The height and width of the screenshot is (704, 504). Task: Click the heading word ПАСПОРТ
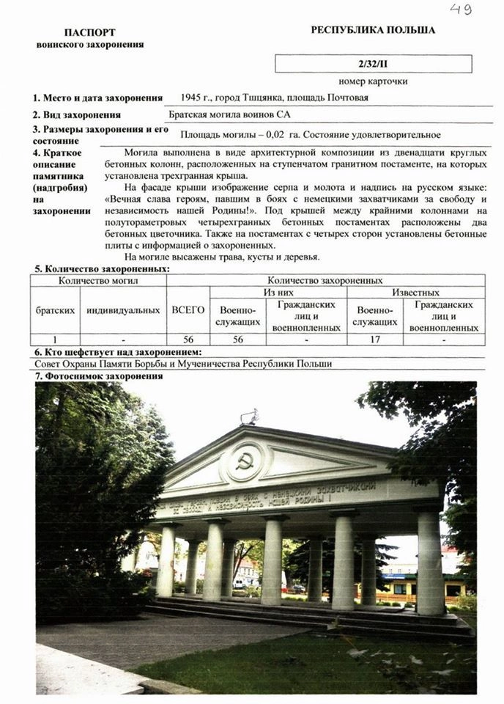(90, 33)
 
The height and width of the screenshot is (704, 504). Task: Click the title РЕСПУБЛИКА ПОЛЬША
(373, 30)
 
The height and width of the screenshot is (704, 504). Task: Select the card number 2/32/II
(373, 65)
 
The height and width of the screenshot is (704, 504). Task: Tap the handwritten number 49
(460, 9)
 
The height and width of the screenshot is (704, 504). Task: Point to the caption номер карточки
(373, 81)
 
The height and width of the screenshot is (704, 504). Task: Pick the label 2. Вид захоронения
(76, 115)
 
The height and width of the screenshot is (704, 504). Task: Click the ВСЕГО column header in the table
(188, 310)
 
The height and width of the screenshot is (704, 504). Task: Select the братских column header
(55, 310)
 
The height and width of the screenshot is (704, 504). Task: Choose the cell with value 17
(374, 340)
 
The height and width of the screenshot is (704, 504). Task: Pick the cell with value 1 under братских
(55, 340)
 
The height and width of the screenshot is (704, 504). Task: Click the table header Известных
(415, 293)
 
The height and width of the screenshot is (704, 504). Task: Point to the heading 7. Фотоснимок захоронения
(100, 376)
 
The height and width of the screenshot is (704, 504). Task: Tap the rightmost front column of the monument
(431, 561)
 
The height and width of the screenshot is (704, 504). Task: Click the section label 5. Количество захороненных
(100, 269)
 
